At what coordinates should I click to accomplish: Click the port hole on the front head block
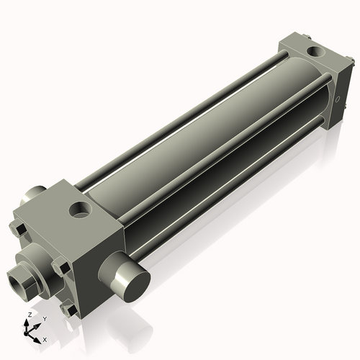click(x=80, y=210)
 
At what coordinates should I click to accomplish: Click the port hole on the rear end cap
click(x=315, y=51)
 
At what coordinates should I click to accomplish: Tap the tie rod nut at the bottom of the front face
click(x=69, y=310)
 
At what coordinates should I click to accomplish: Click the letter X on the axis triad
click(x=45, y=338)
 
